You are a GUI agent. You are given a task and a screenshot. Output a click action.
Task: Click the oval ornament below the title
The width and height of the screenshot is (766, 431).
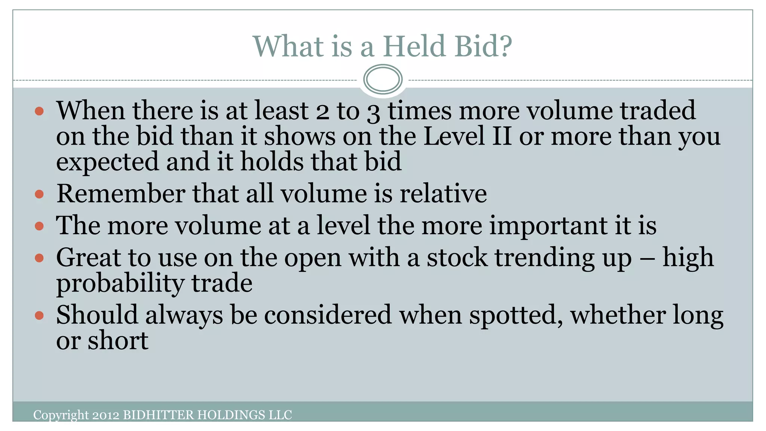(x=383, y=79)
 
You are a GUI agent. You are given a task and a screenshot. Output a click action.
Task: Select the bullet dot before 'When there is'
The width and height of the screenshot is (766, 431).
(x=39, y=111)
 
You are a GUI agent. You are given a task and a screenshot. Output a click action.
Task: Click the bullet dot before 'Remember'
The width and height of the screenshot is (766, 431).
(x=39, y=194)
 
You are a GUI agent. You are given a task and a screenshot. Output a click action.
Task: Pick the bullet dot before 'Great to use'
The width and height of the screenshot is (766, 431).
(x=39, y=258)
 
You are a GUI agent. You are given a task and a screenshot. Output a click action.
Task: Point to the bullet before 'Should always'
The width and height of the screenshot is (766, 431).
(x=39, y=315)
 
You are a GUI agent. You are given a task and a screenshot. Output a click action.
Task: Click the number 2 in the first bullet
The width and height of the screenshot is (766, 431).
(x=322, y=112)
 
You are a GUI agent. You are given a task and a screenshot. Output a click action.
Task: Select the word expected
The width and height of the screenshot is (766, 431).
(x=108, y=162)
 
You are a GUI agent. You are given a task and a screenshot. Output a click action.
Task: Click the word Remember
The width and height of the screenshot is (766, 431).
(x=121, y=194)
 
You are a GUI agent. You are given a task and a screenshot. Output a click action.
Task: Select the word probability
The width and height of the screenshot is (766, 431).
(x=120, y=284)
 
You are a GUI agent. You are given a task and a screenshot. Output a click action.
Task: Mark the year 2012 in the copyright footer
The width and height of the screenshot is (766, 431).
(x=106, y=415)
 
